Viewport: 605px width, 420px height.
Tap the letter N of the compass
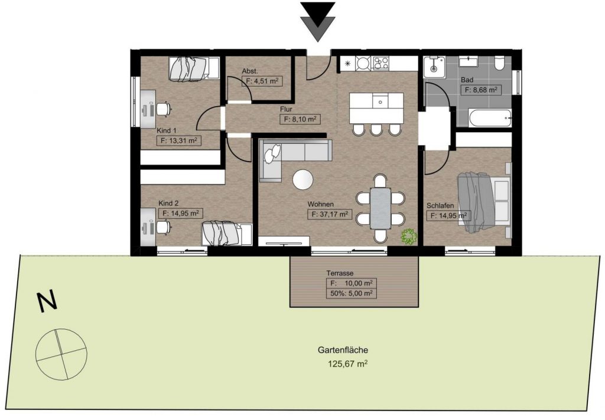tap(47, 301)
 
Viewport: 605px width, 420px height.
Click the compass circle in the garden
tap(61, 354)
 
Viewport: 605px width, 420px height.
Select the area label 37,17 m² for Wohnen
tap(330, 214)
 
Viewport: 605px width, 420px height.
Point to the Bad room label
tap(467, 80)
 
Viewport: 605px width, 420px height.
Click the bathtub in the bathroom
tap(490, 118)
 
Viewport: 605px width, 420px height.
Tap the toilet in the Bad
tap(499, 64)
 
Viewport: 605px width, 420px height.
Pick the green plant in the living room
tap(408, 237)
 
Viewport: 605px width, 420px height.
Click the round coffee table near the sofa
tap(303, 179)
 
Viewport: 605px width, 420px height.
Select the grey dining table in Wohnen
tap(381, 208)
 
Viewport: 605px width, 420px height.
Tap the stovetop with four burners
tap(380, 63)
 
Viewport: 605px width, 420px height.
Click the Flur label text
tap(286, 110)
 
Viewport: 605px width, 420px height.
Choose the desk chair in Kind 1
tap(164, 109)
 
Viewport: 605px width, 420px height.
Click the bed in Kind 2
tap(227, 234)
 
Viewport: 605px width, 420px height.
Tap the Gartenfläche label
tap(343, 350)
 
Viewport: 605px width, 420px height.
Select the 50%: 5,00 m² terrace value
tap(351, 293)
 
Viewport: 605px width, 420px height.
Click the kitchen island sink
tap(380, 101)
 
